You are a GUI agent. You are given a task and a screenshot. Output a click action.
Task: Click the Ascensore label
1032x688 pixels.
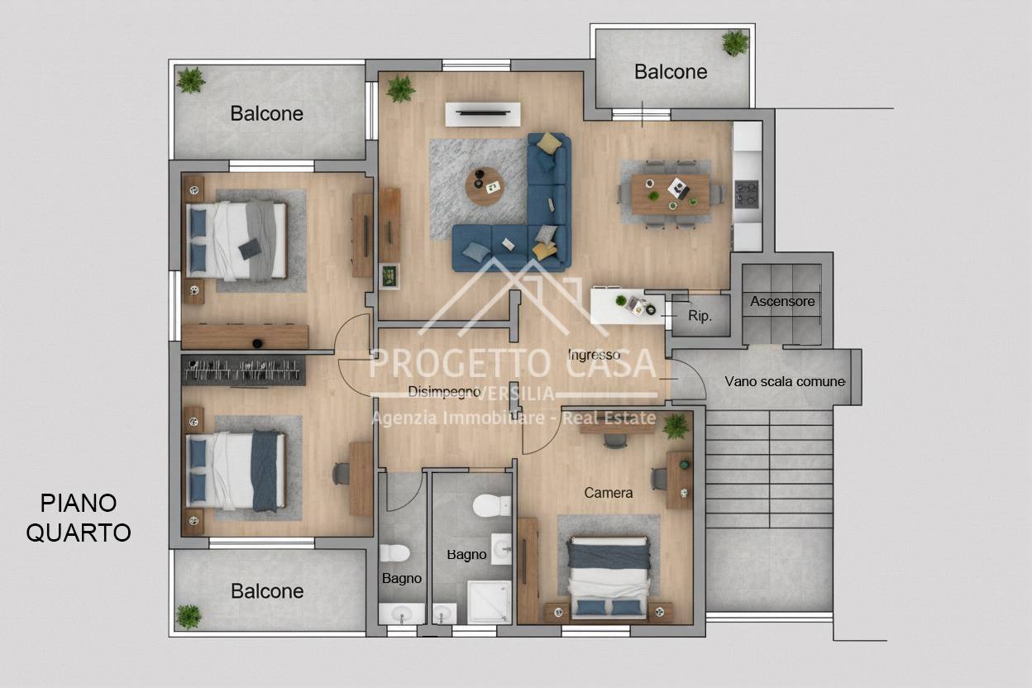(x=782, y=301)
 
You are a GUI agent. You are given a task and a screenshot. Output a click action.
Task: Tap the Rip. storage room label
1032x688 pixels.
(x=700, y=316)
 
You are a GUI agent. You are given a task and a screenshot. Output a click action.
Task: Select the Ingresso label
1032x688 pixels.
(x=594, y=355)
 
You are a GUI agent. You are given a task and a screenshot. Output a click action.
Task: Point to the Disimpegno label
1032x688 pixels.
(x=444, y=392)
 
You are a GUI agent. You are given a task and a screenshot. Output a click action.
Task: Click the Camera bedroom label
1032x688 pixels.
(x=608, y=493)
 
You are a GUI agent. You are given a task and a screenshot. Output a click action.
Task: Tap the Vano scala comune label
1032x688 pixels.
(x=785, y=381)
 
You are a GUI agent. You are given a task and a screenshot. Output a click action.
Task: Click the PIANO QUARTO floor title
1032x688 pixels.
(x=79, y=518)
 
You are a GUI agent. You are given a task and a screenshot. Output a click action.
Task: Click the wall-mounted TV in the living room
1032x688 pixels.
(x=483, y=113)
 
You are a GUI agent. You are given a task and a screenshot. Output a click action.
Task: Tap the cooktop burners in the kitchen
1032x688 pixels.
(x=747, y=193)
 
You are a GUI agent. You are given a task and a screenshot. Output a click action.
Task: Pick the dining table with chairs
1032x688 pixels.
(x=671, y=194)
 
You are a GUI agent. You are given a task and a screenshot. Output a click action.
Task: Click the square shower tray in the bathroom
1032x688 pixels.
(x=490, y=602)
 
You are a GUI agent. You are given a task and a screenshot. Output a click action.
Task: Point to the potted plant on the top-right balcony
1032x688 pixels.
(x=735, y=43)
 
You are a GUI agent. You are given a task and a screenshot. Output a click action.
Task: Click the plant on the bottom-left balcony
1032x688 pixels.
(x=189, y=617)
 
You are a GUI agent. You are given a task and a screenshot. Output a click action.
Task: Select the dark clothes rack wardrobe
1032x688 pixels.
(x=243, y=370)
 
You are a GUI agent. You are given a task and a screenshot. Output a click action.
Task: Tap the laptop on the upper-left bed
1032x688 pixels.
(x=251, y=249)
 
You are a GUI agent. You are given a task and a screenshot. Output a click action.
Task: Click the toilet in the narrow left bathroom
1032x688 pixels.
(x=394, y=553)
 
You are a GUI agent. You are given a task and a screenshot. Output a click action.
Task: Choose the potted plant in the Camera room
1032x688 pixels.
(x=676, y=426)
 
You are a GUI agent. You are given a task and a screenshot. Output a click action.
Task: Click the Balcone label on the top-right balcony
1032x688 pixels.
(x=671, y=71)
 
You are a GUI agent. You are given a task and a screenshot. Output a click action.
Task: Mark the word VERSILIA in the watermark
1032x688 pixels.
(x=516, y=394)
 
